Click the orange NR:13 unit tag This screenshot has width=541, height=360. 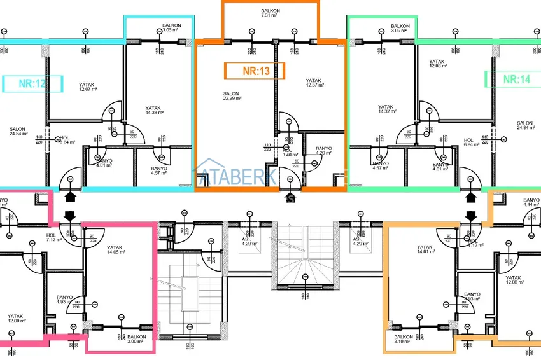(255, 71)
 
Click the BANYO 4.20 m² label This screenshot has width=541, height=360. (324, 151)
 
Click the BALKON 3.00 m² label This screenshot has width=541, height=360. (136, 340)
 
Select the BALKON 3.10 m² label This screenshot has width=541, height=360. (404, 340)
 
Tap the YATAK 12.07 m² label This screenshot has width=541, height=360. (87, 87)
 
